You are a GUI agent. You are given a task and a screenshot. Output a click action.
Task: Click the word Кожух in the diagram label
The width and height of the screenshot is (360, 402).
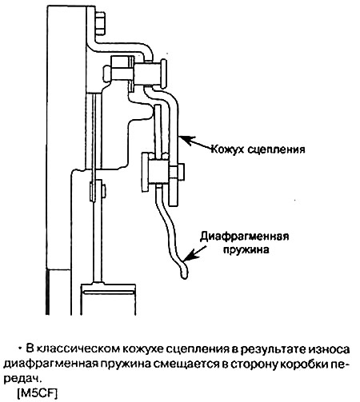(227, 149)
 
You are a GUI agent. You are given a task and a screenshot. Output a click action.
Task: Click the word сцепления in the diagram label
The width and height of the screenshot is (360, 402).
(276, 149)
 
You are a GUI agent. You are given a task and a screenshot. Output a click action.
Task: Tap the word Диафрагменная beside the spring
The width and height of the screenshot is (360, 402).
(245, 237)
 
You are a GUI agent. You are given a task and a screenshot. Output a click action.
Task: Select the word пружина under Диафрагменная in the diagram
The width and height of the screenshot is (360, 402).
(246, 250)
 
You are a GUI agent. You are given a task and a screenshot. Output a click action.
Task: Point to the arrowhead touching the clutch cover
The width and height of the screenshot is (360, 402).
(186, 141)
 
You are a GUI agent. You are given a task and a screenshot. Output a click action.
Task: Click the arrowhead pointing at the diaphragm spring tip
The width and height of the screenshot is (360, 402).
(190, 255)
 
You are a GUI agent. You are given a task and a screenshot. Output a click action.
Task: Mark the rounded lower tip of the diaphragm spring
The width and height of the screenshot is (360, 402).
(184, 274)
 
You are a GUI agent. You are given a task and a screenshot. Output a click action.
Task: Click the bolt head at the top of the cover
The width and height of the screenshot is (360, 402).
(100, 23)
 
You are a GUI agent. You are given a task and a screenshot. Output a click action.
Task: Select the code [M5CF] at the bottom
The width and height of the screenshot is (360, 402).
(37, 393)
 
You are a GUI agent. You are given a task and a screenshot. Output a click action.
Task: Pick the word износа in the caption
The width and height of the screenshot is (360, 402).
(329, 349)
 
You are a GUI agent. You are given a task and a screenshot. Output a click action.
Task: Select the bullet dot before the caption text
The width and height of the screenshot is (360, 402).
(20, 348)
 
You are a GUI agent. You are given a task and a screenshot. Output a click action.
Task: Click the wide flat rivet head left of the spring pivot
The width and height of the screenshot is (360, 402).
(145, 172)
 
